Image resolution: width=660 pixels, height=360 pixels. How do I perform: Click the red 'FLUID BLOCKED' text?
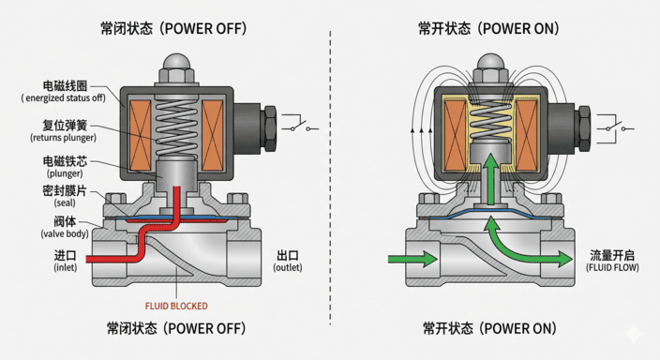(176, 306)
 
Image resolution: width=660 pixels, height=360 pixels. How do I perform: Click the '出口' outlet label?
(288, 255)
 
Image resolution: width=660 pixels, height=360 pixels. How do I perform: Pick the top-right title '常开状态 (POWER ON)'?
(488, 28)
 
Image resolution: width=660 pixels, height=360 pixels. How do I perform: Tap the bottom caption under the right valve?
(488, 329)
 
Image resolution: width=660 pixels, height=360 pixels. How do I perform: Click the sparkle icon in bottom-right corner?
(637, 336)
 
